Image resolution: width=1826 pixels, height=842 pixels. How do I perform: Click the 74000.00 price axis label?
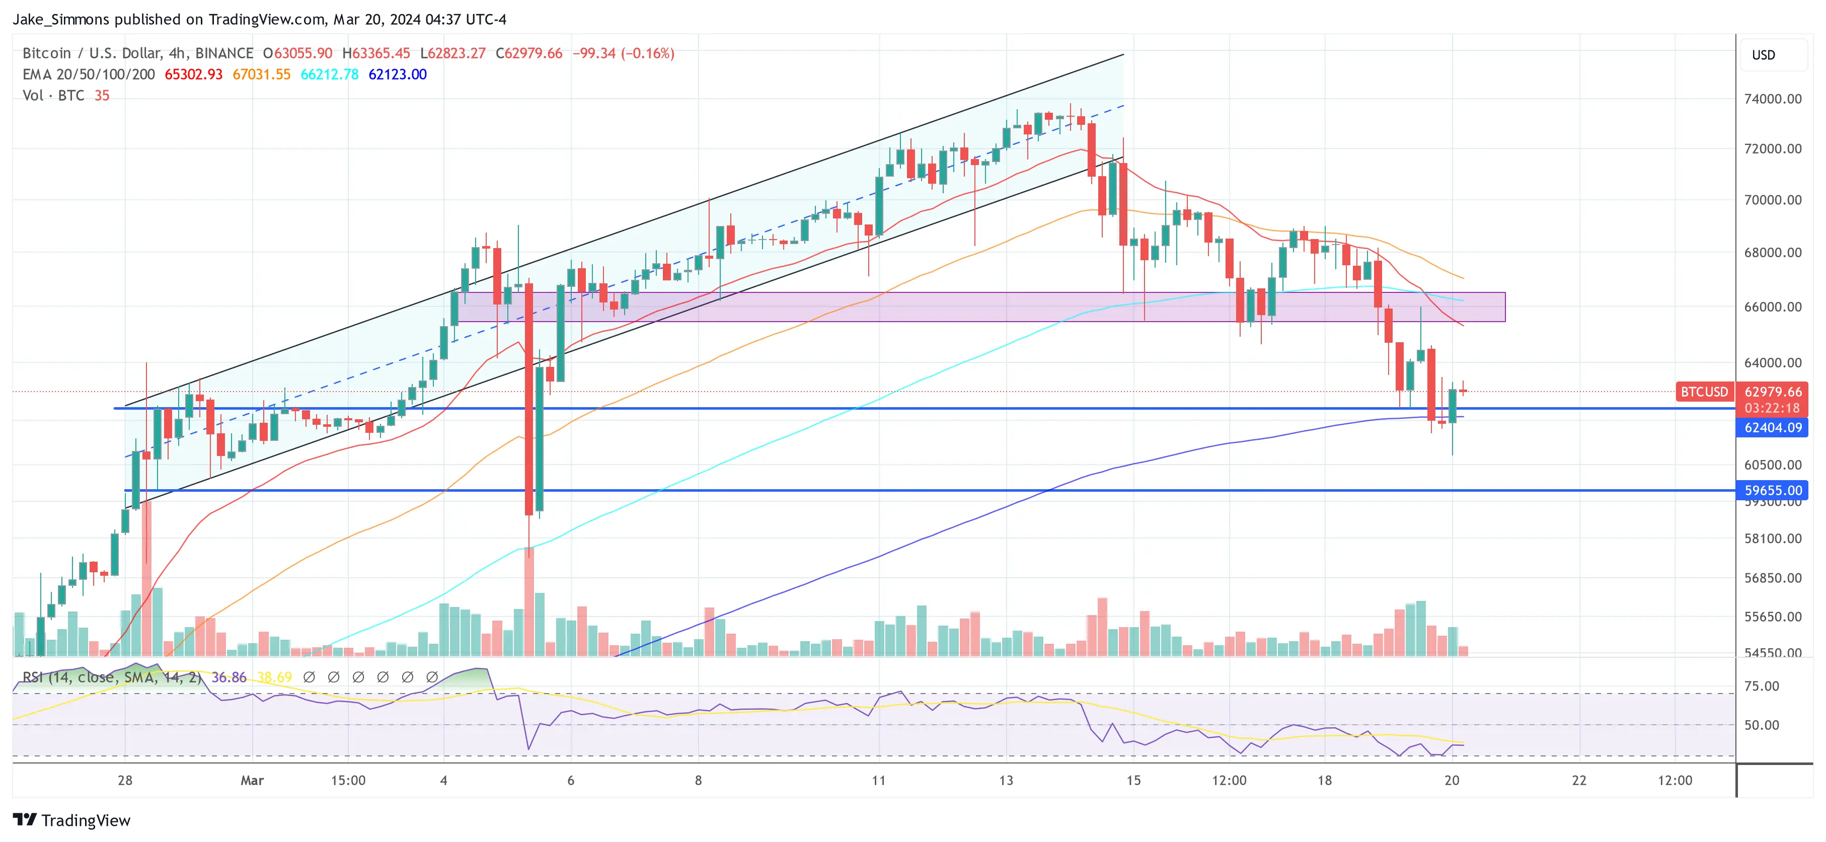(x=1772, y=99)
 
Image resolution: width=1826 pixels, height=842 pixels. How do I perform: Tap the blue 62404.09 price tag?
(x=1772, y=427)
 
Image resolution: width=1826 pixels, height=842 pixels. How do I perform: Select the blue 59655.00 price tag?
(x=1772, y=491)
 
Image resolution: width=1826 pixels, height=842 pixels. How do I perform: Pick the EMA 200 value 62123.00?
(x=397, y=74)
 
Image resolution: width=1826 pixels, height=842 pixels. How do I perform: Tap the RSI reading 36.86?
(x=229, y=677)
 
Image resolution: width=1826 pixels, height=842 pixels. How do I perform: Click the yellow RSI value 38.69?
(x=274, y=677)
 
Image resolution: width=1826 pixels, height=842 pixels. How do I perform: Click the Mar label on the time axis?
(x=252, y=780)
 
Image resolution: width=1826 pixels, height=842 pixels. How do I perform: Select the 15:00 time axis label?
(x=348, y=780)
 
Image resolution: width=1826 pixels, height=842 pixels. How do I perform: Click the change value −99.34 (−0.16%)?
(x=623, y=53)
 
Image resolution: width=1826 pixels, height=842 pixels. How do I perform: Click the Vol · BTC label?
(x=53, y=96)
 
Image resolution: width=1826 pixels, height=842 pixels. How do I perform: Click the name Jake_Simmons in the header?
(x=61, y=19)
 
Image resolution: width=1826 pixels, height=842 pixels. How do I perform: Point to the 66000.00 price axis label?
(x=1772, y=307)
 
